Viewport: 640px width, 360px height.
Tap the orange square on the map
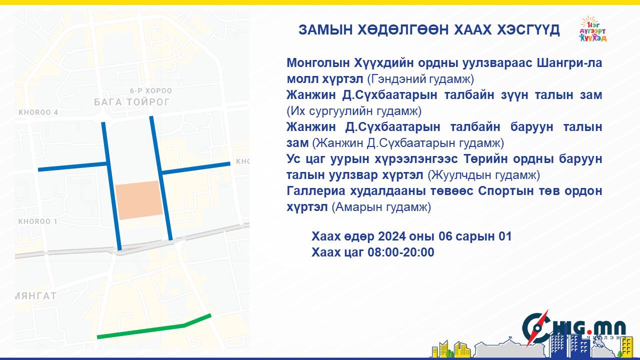[x=139, y=200]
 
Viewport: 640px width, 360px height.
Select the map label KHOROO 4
[x=38, y=112]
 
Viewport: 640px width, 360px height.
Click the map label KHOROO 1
[x=37, y=221]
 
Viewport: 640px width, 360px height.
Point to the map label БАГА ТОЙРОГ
[x=131, y=102]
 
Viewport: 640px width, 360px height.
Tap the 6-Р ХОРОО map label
[x=151, y=91]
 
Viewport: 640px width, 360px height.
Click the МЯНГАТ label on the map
[x=35, y=295]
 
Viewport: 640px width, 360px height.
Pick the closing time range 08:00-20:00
[x=401, y=252]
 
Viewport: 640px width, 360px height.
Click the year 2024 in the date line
[x=392, y=236]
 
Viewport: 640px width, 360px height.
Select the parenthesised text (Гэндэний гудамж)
[x=420, y=79]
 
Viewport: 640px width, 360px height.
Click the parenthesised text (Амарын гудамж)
[x=381, y=207]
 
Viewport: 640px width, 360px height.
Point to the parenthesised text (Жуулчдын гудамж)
[x=483, y=175]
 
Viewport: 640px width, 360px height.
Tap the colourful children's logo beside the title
[x=593, y=29]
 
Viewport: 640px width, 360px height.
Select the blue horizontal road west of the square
[x=72, y=166]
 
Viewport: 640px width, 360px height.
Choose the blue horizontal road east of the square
[x=195, y=168]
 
